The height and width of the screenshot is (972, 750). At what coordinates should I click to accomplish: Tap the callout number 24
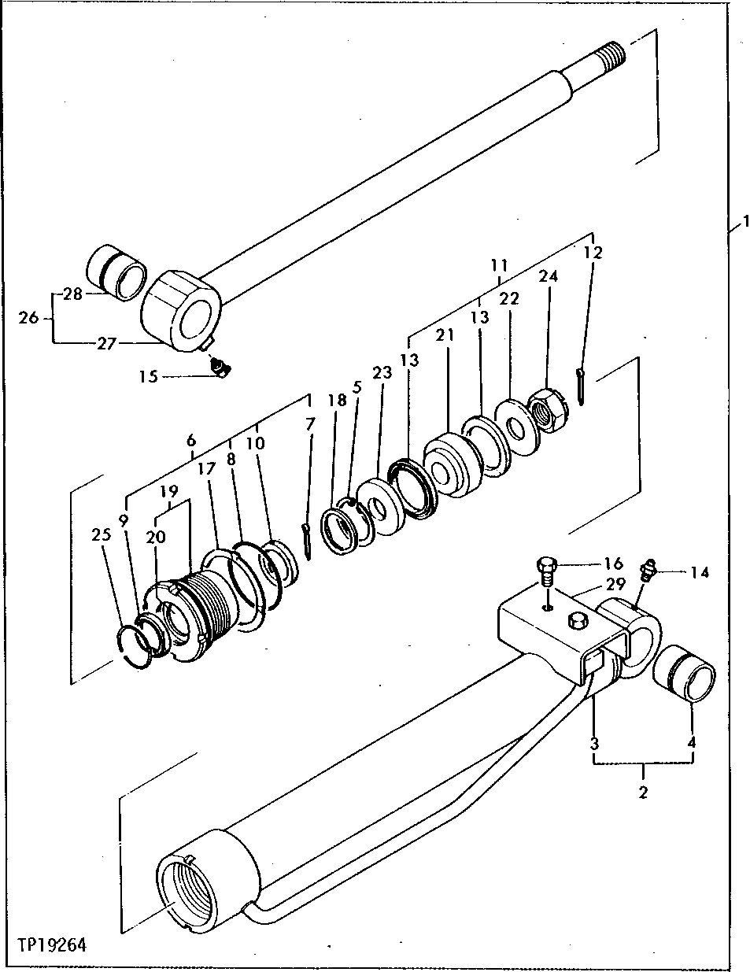pyautogui.click(x=549, y=276)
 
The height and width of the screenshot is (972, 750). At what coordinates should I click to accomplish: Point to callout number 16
pyautogui.click(x=614, y=564)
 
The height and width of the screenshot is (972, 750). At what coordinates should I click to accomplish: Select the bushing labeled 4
pyautogui.click(x=687, y=674)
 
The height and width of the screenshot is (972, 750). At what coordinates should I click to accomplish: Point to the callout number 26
pyautogui.click(x=28, y=319)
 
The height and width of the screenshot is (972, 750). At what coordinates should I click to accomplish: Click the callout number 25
pyautogui.click(x=100, y=536)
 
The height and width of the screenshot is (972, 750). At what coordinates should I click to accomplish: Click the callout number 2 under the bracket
pyautogui.click(x=643, y=792)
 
